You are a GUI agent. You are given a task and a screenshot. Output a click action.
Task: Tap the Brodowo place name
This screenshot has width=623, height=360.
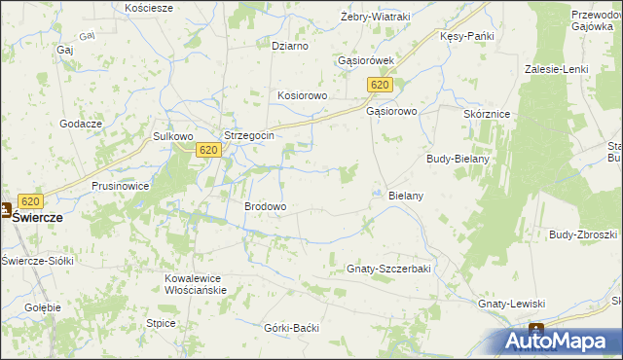(265, 207)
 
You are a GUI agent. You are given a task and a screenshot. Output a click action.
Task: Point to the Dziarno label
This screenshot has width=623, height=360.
(290, 46)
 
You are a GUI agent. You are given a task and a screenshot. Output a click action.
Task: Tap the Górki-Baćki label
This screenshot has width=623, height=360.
(291, 328)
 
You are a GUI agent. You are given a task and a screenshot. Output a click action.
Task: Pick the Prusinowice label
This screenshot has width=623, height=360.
(120, 185)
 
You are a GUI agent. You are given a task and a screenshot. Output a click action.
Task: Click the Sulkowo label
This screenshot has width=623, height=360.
(174, 137)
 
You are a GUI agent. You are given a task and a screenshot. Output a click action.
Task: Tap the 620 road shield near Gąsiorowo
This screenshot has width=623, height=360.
(381, 87)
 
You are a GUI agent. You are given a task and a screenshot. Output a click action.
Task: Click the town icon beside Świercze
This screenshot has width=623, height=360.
(6, 209)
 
